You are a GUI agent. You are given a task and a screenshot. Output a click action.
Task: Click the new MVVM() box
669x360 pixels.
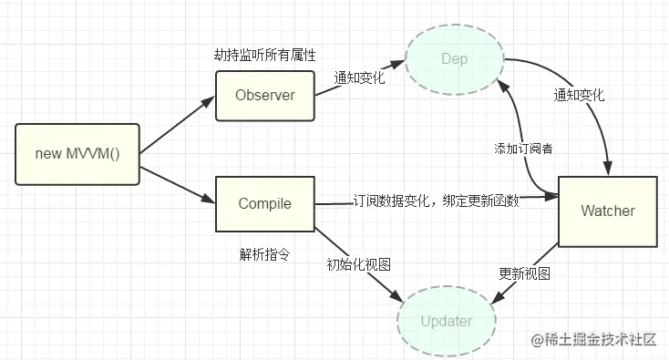click(x=77, y=153)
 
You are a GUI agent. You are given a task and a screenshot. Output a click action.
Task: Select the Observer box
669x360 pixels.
click(x=264, y=95)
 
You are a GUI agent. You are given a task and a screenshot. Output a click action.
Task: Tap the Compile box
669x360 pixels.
click(x=264, y=203)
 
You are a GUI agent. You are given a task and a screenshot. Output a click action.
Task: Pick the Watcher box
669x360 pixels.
click(x=607, y=211)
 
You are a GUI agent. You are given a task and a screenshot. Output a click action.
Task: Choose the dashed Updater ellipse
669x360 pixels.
click(x=447, y=322)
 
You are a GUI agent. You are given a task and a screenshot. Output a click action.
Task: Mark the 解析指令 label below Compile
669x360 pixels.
click(x=263, y=254)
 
